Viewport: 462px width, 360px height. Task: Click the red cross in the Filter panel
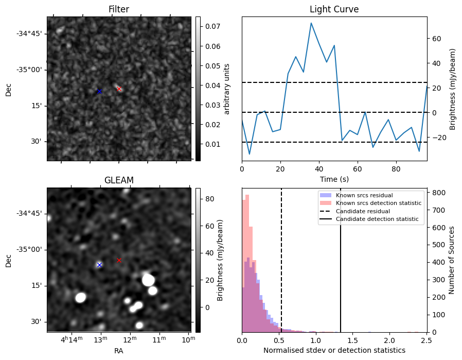(x=119, y=89)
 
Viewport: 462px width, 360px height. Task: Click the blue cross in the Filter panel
(x=99, y=91)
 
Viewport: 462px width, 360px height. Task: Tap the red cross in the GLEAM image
(x=119, y=260)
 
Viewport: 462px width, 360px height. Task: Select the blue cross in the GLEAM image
(x=99, y=265)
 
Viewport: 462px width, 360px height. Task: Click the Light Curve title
(x=334, y=9)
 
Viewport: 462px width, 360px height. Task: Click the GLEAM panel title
(x=119, y=180)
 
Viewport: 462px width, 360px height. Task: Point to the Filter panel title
(x=119, y=9)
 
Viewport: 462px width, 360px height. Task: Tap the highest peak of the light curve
(x=311, y=23)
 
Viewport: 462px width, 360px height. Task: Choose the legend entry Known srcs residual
(x=364, y=195)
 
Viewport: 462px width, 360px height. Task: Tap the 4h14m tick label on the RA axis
(x=71, y=340)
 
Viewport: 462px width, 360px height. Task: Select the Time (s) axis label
(x=334, y=178)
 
